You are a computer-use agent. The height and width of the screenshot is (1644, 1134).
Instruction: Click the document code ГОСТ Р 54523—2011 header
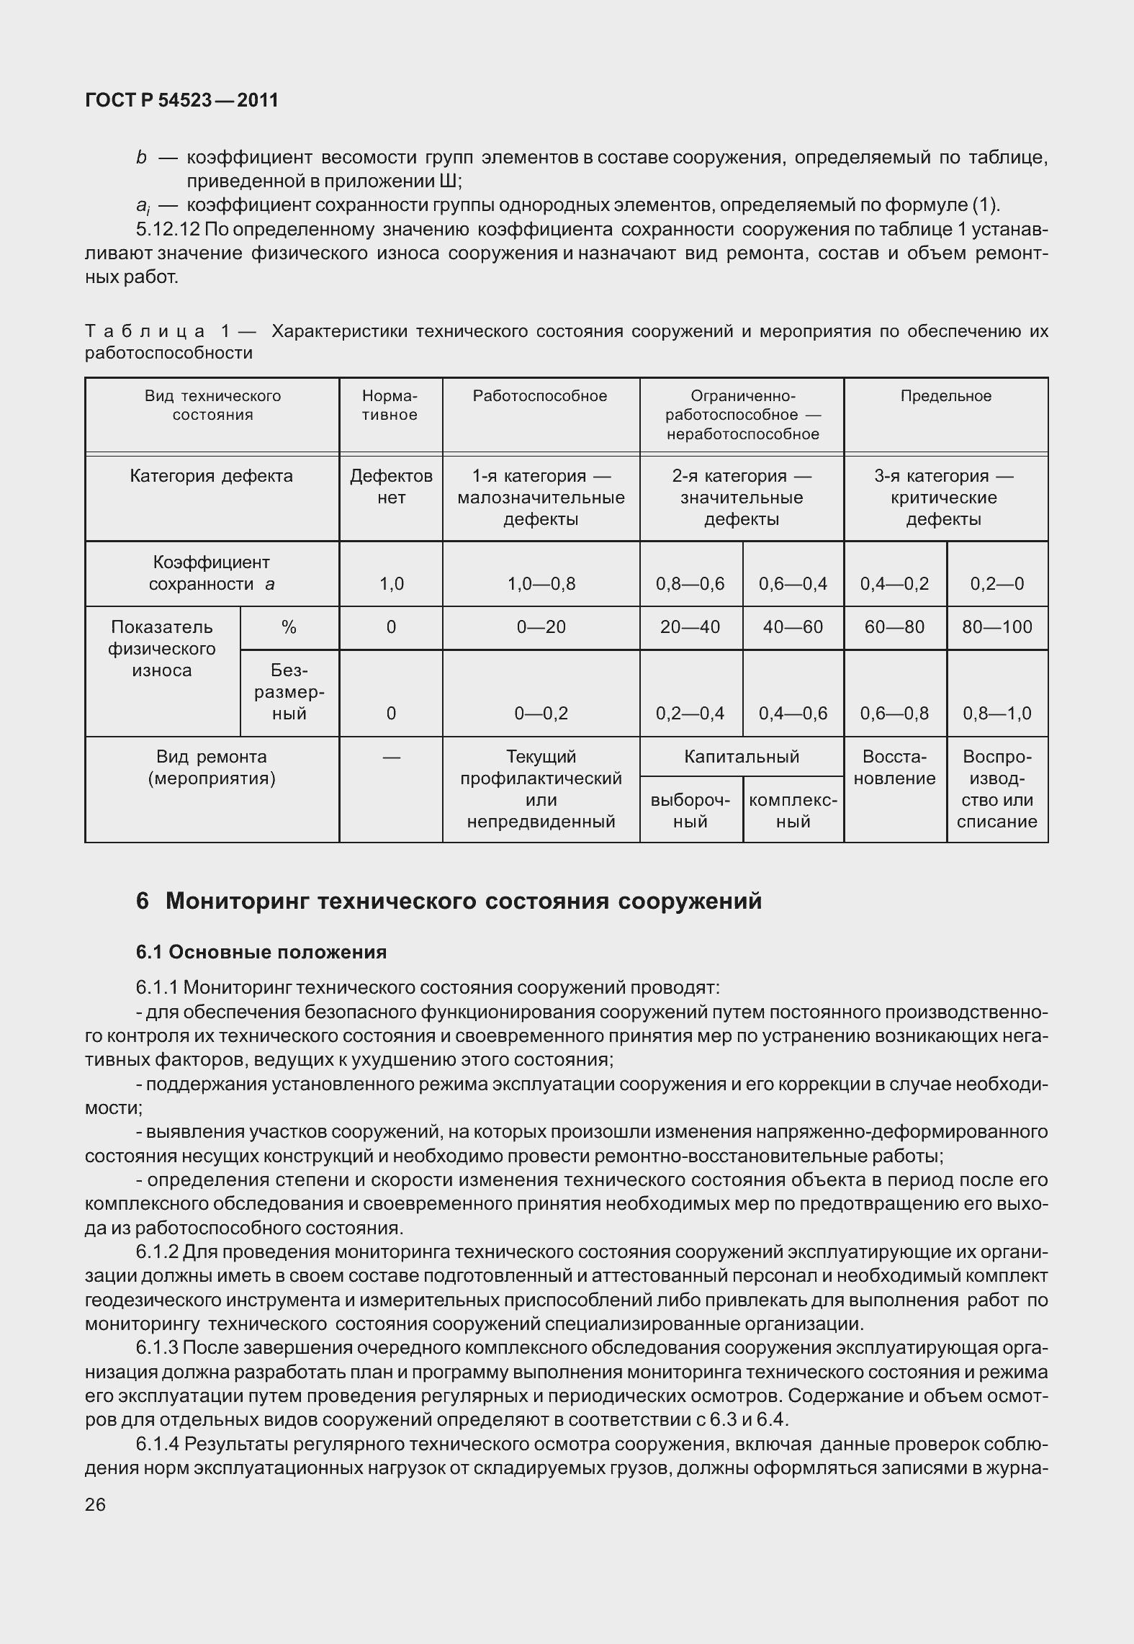181,100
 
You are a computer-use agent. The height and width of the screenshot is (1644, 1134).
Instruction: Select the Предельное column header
945,396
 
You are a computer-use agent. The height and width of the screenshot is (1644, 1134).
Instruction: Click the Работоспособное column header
540,396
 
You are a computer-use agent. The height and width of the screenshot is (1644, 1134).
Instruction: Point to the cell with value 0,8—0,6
690,583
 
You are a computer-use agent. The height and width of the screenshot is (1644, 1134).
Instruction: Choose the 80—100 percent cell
997,626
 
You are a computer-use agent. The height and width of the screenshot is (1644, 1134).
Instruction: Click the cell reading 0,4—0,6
793,713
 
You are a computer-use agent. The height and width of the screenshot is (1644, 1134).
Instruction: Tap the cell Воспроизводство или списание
997,789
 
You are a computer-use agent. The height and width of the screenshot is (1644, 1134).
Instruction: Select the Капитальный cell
742,756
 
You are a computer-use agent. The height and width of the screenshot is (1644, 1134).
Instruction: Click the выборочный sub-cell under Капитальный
690,811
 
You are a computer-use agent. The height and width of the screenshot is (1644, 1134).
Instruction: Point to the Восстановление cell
895,768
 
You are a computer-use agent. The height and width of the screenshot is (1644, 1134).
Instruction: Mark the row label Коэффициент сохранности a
212,573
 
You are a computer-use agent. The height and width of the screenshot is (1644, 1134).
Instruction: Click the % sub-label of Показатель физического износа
289,626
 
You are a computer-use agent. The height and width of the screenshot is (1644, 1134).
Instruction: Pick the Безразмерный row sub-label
289,692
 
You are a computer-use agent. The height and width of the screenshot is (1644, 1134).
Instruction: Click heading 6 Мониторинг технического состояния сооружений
449,901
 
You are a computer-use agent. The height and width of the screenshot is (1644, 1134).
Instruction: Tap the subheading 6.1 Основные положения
261,952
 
